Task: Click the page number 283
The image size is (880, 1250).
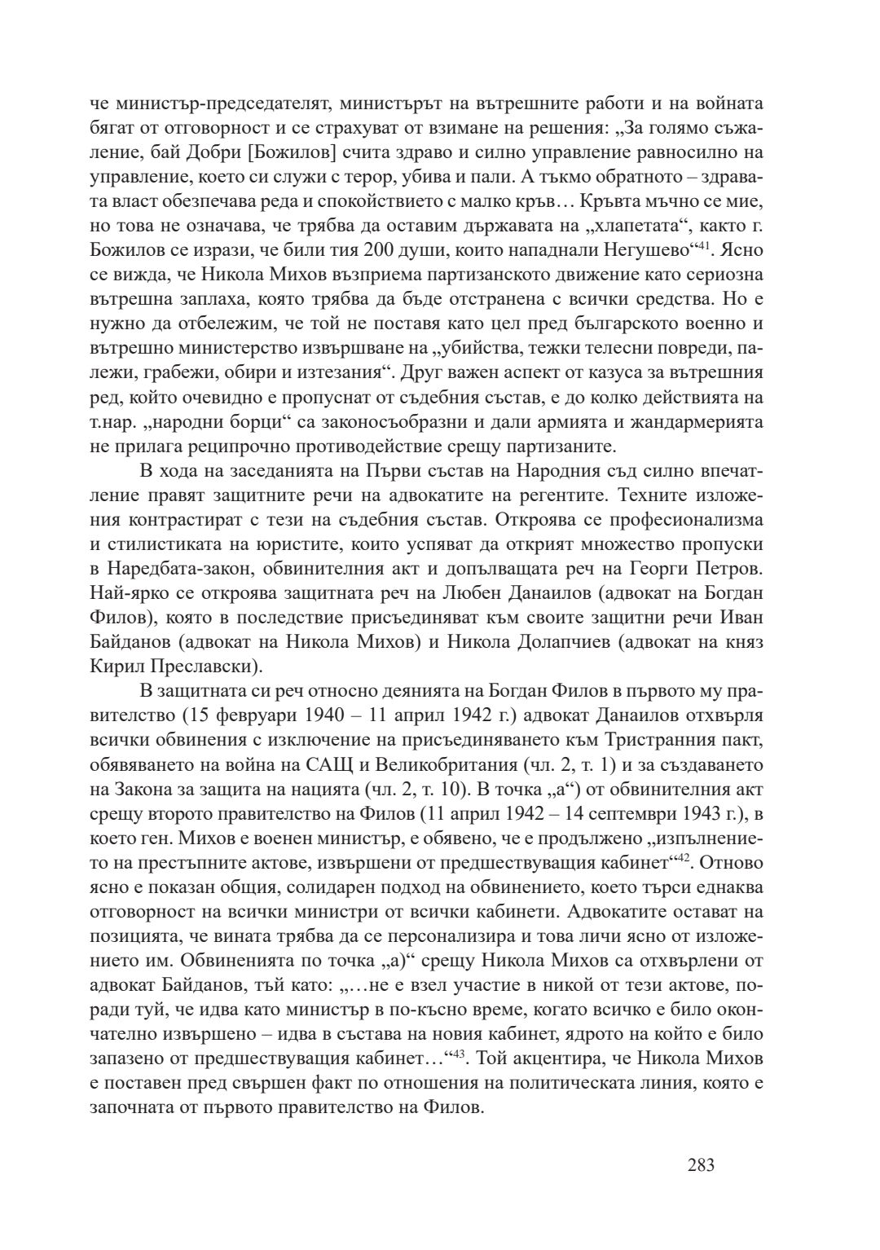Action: (701, 1164)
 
